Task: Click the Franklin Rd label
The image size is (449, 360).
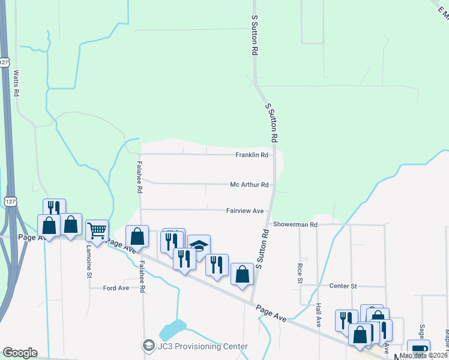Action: (251, 155)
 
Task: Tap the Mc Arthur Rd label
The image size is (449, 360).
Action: (249, 185)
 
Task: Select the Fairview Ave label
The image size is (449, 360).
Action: (245, 211)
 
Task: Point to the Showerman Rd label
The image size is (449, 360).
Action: (295, 224)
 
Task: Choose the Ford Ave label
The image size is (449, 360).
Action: (116, 288)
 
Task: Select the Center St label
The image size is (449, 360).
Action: (343, 286)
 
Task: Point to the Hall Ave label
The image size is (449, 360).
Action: (319, 315)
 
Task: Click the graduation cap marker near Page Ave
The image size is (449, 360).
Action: (199, 246)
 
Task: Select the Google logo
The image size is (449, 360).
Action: (20, 353)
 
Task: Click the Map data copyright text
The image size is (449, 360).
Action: (424, 355)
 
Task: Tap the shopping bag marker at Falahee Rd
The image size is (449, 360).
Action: (137, 237)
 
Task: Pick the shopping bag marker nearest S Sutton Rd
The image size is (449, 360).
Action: (242, 275)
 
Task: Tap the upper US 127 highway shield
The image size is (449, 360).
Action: (5, 62)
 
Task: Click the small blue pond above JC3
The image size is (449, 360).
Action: (173, 329)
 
